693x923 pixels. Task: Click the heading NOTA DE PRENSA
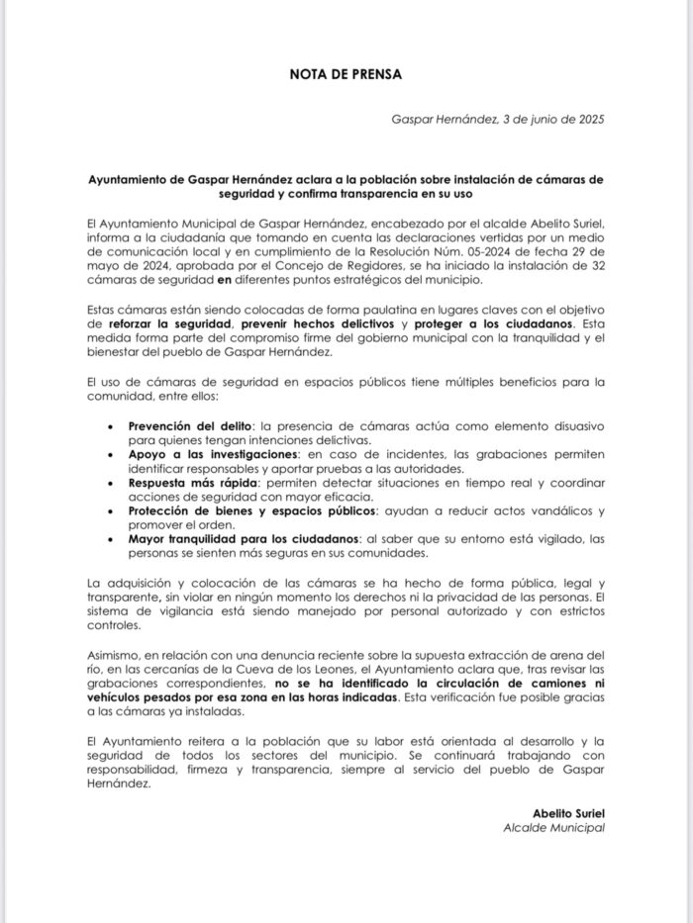346,73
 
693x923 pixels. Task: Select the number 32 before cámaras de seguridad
596,266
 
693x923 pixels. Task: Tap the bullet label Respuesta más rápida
192,482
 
